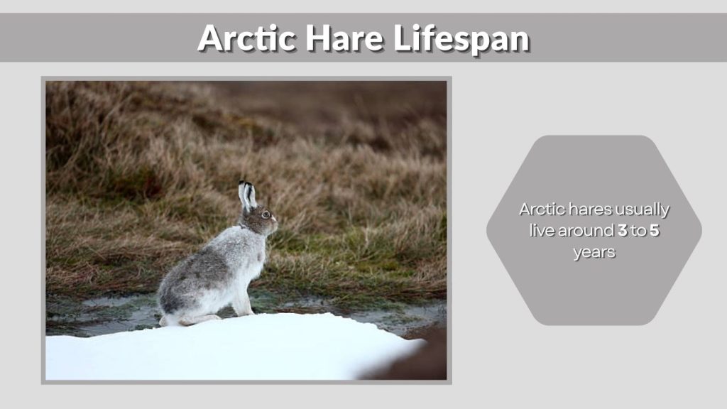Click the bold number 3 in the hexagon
623,231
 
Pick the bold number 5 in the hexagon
654,231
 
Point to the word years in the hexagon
594,252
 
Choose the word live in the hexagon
542,231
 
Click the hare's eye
266,214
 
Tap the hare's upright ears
246,194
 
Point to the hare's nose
275,222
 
